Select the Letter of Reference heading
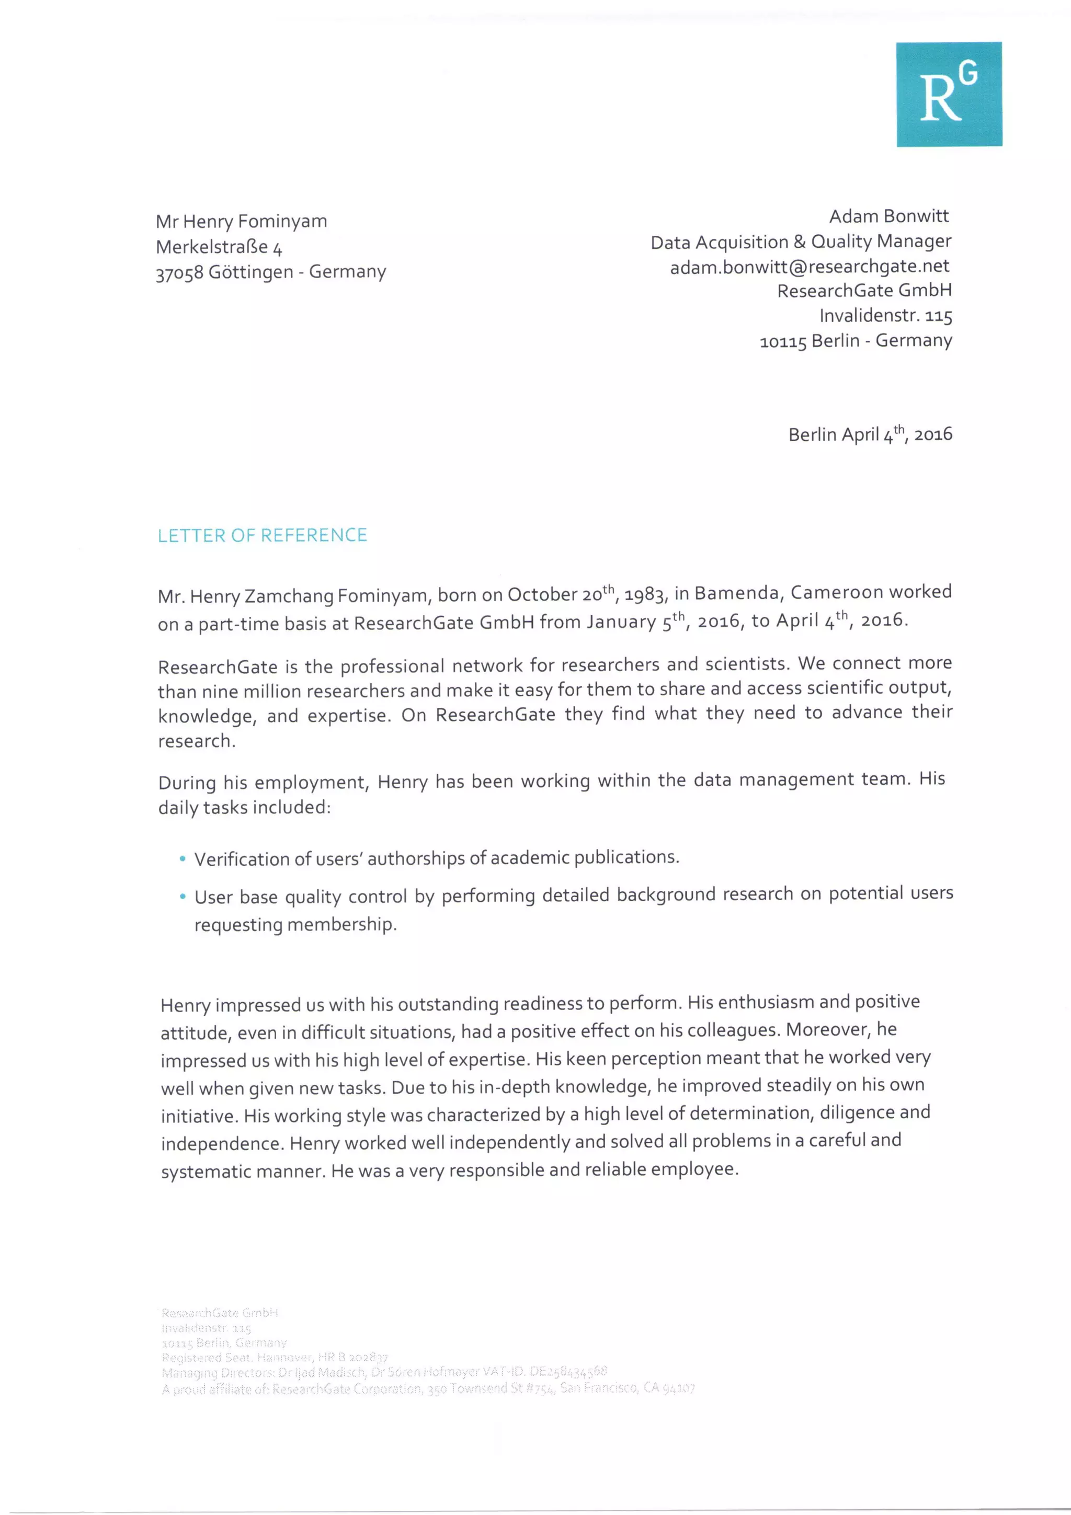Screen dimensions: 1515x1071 point(262,535)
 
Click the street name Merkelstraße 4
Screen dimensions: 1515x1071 point(219,247)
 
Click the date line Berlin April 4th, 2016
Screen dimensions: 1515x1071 point(870,434)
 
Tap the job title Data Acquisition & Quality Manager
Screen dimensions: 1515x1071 point(801,242)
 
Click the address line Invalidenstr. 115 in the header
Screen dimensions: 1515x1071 point(885,316)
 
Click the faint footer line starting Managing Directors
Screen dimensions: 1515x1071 point(383,1372)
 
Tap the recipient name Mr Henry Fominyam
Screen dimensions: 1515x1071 point(241,221)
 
